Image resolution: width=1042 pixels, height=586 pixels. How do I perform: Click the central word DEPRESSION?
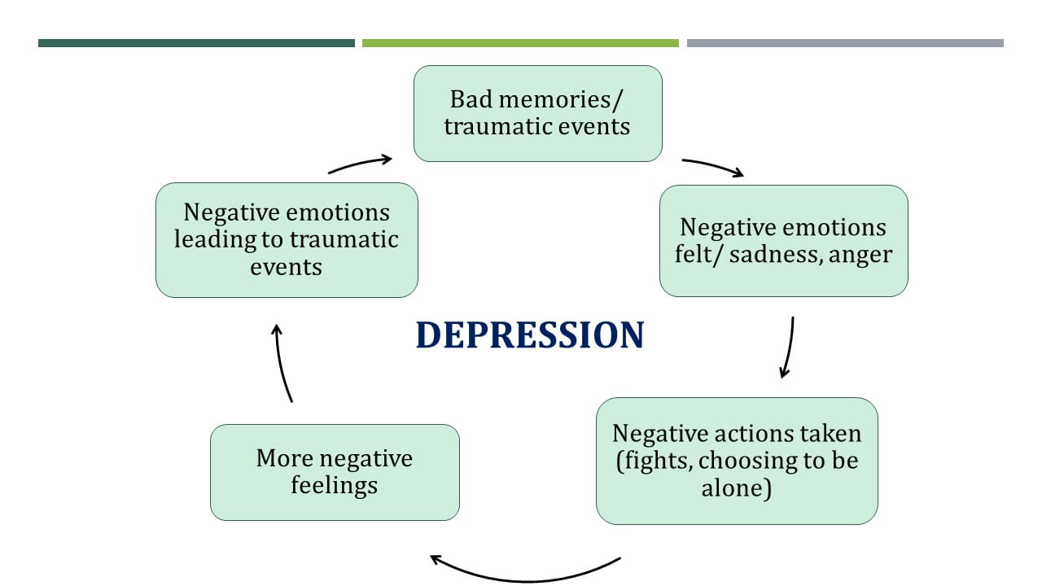pos(530,335)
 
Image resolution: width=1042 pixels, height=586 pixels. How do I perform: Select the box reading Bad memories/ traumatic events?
pos(537,113)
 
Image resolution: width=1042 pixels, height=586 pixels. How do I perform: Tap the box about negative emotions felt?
pos(783,240)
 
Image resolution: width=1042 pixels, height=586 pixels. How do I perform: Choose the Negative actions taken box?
pos(737,461)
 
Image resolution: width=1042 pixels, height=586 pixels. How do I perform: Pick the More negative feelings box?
pos(335,472)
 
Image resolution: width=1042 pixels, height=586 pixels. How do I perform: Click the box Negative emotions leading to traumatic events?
pos(287,239)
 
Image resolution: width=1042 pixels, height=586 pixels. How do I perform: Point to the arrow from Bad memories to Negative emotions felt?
pos(713,167)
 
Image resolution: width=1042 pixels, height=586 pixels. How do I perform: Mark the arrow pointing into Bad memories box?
pos(361,164)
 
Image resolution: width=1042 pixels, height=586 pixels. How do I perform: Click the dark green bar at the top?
pos(196,43)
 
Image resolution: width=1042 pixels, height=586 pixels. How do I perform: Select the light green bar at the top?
pos(520,43)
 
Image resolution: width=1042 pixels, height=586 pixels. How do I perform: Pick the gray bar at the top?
pos(845,43)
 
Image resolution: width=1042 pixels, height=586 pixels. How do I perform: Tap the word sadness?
pos(766,254)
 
